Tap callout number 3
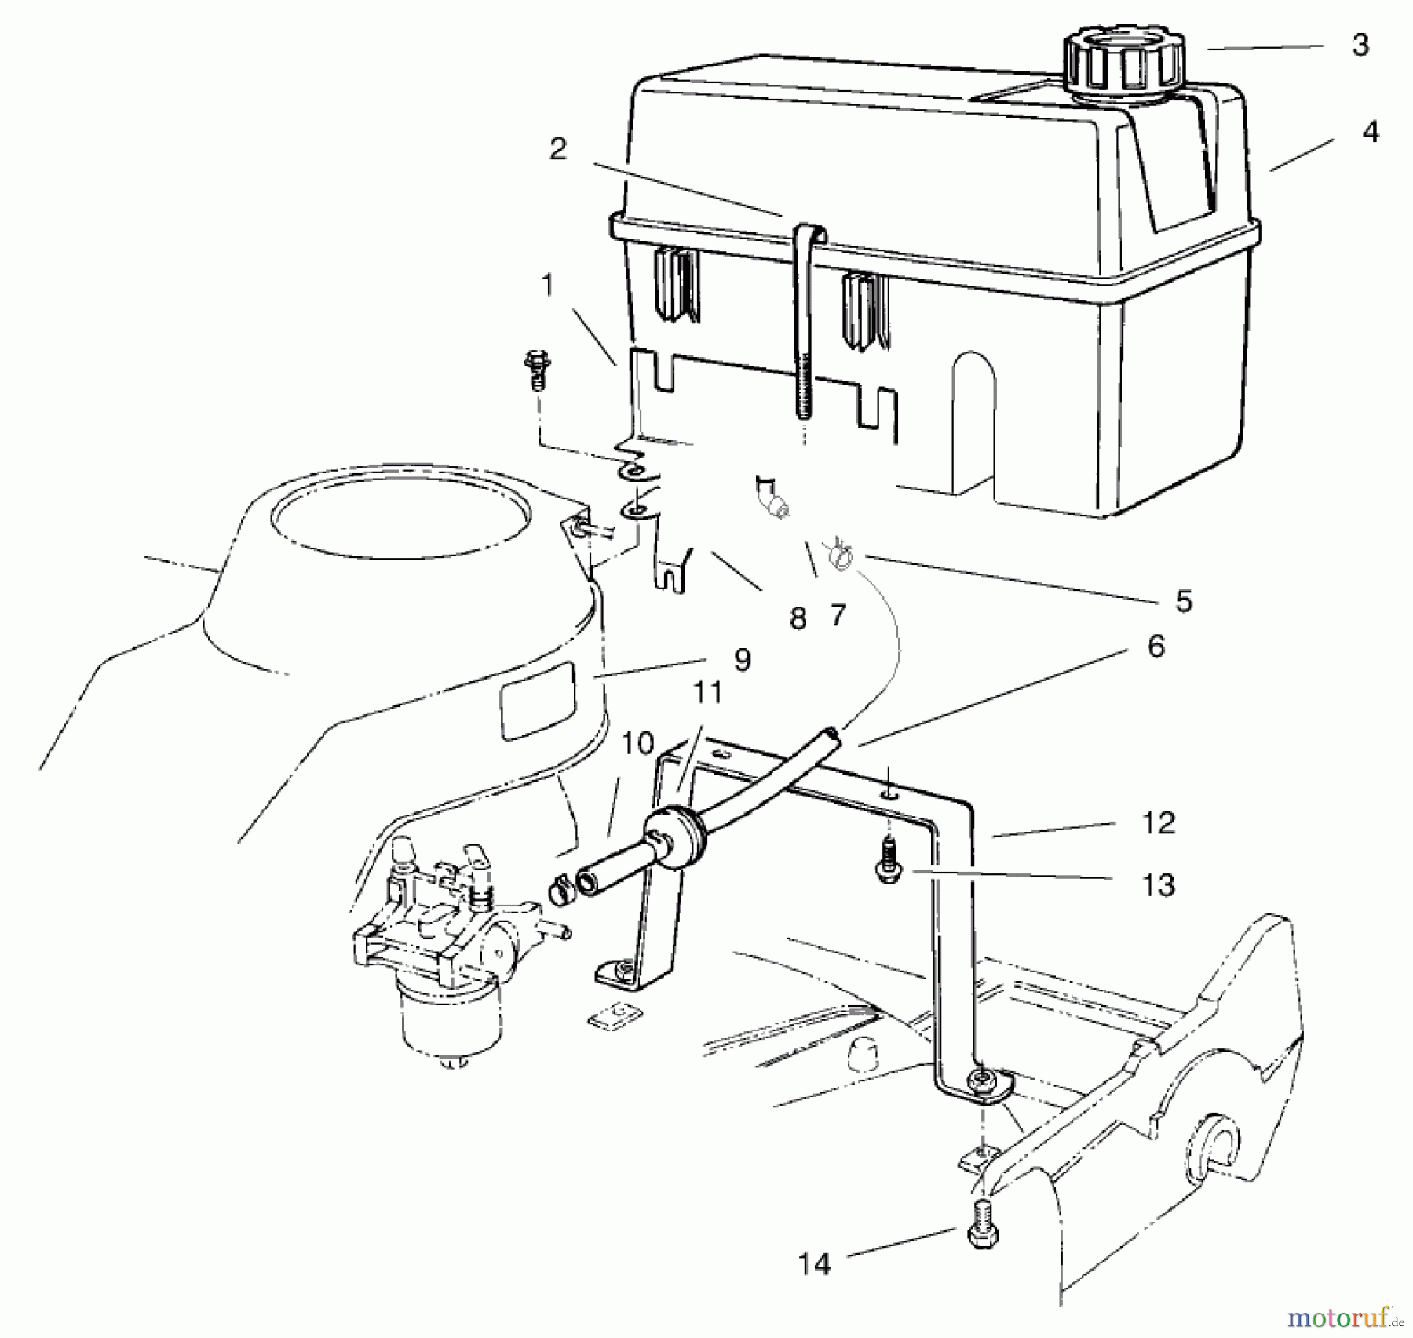[x=1360, y=46]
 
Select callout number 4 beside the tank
[x=1370, y=132]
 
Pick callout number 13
[x=1158, y=885]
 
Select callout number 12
[x=1158, y=823]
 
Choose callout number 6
[x=1156, y=647]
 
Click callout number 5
[x=1183, y=601]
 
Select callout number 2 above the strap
[x=558, y=149]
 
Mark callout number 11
[x=707, y=693]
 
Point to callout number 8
[x=798, y=619]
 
